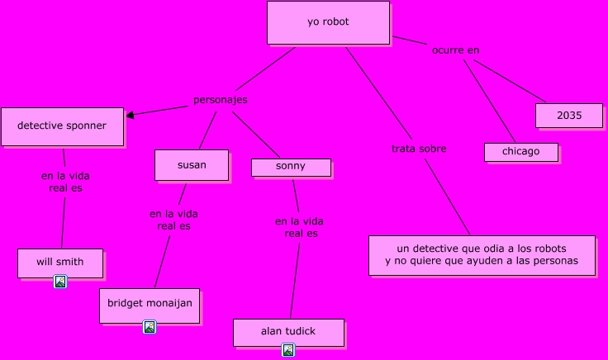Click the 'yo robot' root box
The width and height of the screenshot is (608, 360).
[x=328, y=22]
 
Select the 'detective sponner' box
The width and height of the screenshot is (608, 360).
[x=62, y=126]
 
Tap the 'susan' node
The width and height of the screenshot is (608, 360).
[x=192, y=164]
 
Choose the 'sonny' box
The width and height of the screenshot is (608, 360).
[x=291, y=167]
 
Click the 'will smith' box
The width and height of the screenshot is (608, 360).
[x=60, y=263]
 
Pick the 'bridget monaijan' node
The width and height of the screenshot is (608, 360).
[x=150, y=304]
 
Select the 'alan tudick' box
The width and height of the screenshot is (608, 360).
[x=288, y=332]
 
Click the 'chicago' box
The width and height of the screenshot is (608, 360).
[x=520, y=152]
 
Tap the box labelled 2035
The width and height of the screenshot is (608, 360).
[x=568, y=116]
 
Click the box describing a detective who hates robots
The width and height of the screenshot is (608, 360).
[x=482, y=255]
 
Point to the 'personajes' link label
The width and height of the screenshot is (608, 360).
[x=221, y=100]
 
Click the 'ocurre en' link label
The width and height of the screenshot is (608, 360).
[x=455, y=50]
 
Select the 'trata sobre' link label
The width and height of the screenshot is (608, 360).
[x=419, y=149]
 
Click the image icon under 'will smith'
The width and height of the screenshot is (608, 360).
[x=60, y=282]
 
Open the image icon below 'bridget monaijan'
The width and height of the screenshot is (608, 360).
[x=150, y=327]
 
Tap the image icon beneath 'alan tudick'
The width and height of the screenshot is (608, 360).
[x=288, y=350]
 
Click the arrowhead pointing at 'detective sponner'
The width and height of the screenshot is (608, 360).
[x=131, y=115]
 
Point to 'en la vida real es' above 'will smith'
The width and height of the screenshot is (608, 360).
[x=65, y=182]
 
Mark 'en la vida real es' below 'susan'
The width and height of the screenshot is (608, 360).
[x=173, y=220]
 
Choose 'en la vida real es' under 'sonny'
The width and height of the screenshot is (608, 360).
[x=299, y=227]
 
